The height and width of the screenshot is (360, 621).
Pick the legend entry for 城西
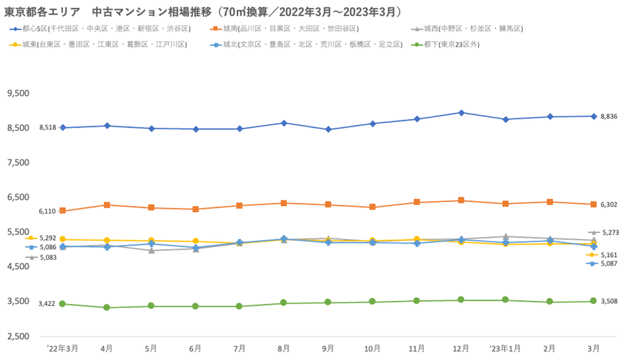tap(466, 29)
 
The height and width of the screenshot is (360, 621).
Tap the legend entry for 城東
tap(99, 44)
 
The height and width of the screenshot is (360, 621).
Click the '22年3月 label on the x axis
tap(62, 348)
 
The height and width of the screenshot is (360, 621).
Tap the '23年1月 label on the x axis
tap(505, 348)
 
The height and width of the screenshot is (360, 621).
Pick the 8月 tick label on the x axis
tap(283, 348)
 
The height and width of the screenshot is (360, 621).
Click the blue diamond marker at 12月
tap(461, 112)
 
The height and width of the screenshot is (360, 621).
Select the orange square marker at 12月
tap(461, 200)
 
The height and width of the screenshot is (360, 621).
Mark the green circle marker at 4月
tap(106, 307)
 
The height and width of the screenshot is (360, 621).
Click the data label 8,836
tap(608, 116)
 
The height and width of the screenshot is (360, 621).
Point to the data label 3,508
tap(608, 301)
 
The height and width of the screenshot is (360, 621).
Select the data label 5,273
tap(608, 233)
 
